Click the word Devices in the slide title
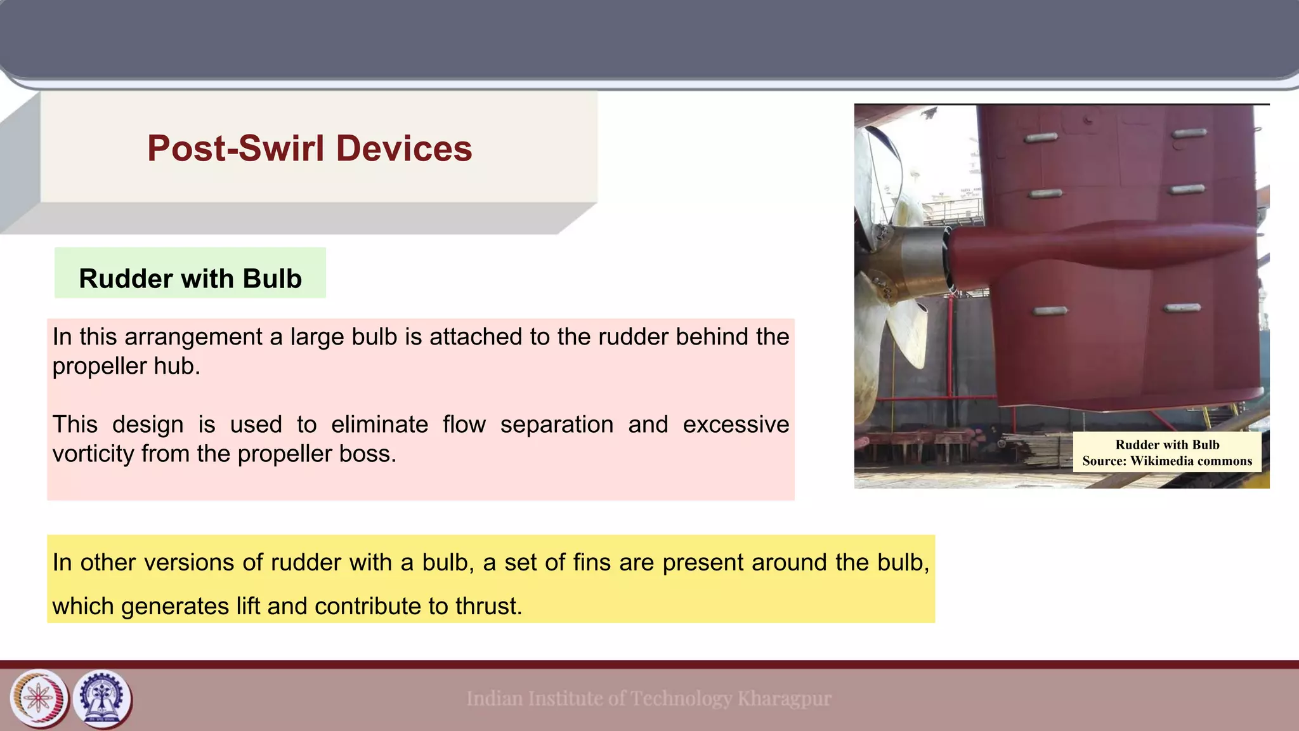click(403, 148)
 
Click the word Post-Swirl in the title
click(236, 148)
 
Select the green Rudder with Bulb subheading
click(190, 279)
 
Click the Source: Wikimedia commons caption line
click(1167, 461)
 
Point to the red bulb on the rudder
click(1078, 254)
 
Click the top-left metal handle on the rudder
click(1040, 137)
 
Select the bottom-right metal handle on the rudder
click(1182, 308)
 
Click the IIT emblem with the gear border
click(103, 698)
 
